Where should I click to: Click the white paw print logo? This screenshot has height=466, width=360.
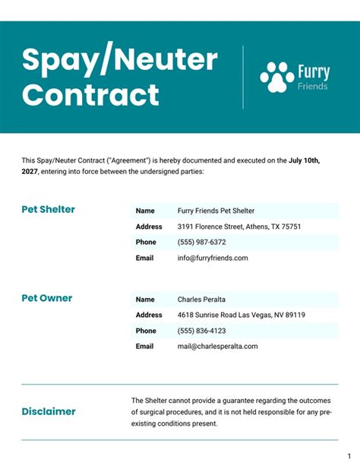pos(277,77)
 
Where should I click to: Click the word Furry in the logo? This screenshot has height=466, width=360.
pos(314,73)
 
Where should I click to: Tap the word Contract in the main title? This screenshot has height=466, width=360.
pos(90,96)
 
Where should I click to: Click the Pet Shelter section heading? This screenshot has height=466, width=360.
pos(48,210)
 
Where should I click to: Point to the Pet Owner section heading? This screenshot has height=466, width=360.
pos(47,299)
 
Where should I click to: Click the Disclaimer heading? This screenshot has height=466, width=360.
pos(49,411)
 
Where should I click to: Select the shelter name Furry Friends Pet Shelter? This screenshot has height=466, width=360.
pos(216,211)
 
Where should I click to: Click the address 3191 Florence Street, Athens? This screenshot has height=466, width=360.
pos(239,227)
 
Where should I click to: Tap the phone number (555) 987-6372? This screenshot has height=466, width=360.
pos(201,242)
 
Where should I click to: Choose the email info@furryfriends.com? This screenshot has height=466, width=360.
pos(213,258)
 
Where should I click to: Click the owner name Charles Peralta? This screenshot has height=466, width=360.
pos(201,300)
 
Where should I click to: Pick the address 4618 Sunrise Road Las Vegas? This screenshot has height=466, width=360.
pos(241,315)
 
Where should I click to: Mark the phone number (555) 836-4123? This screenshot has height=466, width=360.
pos(201,331)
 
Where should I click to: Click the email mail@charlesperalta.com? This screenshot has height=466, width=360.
pos(217,346)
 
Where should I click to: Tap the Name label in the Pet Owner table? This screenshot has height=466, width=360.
pos(145,300)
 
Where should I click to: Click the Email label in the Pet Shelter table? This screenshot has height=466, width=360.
pos(145,258)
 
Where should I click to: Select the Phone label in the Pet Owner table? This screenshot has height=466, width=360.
pos(146,331)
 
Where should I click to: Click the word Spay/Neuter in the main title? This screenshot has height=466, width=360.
pos(120,60)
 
